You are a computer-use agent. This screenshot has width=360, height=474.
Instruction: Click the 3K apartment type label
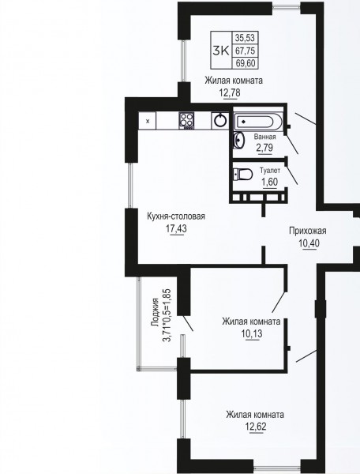click(x=221, y=51)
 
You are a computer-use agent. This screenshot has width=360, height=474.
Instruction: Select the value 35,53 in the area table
click(x=246, y=38)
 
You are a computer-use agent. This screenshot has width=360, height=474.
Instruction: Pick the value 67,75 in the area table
click(x=246, y=51)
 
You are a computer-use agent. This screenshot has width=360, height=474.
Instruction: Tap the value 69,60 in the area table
click(x=246, y=63)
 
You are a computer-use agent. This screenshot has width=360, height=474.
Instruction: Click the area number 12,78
click(x=230, y=92)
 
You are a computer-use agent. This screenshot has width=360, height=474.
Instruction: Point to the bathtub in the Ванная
click(x=258, y=122)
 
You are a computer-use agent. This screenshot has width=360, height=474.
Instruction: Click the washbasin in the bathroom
click(x=238, y=141)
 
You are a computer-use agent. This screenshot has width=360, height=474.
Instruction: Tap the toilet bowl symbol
click(x=243, y=175)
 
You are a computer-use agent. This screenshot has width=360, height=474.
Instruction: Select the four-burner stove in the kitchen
click(x=186, y=121)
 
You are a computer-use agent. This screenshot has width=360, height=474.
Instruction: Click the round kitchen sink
click(x=220, y=121)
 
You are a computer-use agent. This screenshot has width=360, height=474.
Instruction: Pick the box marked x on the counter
click(x=148, y=121)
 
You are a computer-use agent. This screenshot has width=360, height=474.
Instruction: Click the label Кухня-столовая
click(x=176, y=216)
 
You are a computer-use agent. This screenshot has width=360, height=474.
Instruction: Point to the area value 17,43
click(x=176, y=229)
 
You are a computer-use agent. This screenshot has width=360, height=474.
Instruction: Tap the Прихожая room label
click(x=308, y=231)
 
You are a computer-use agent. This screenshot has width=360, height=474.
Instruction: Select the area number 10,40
click(x=309, y=243)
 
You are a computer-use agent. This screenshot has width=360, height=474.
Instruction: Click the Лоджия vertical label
click(x=156, y=312)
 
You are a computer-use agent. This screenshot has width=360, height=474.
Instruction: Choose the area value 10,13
click(x=252, y=334)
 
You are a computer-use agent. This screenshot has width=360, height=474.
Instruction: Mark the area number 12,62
click(x=256, y=427)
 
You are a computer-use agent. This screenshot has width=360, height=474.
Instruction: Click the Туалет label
click(x=270, y=171)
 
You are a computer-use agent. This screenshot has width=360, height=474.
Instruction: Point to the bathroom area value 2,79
click(x=264, y=148)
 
